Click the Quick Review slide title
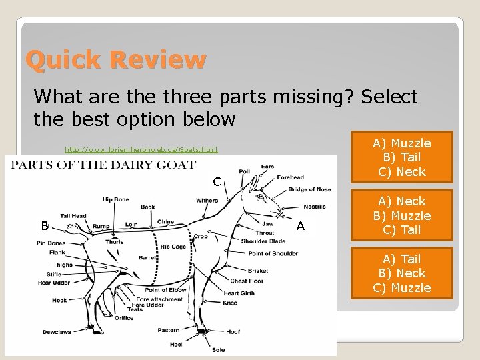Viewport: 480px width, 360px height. click(x=115, y=61)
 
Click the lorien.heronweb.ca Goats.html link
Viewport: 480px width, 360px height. click(x=141, y=150)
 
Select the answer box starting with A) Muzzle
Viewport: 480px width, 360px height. click(x=401, y=158)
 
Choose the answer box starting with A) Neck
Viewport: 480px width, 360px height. click(x=401, y=215)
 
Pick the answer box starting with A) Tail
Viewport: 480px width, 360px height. click(x=401, y=273)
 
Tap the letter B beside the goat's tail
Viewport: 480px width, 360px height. click(x=44, y=226)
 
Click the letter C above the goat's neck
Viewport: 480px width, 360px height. click(x=217, y=181)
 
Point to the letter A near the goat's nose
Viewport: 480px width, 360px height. click(x=301, y=226)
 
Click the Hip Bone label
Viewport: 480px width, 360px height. click(x=116, y=199)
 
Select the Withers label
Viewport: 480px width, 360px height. click(x=207, y=201)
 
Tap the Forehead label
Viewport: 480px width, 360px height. click(x=291, y=177)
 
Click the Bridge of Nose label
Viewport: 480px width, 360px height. click(x=309, y=189)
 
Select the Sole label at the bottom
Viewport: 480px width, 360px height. click(x=219, y=349)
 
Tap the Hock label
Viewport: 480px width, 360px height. click(x=59, y=301)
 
